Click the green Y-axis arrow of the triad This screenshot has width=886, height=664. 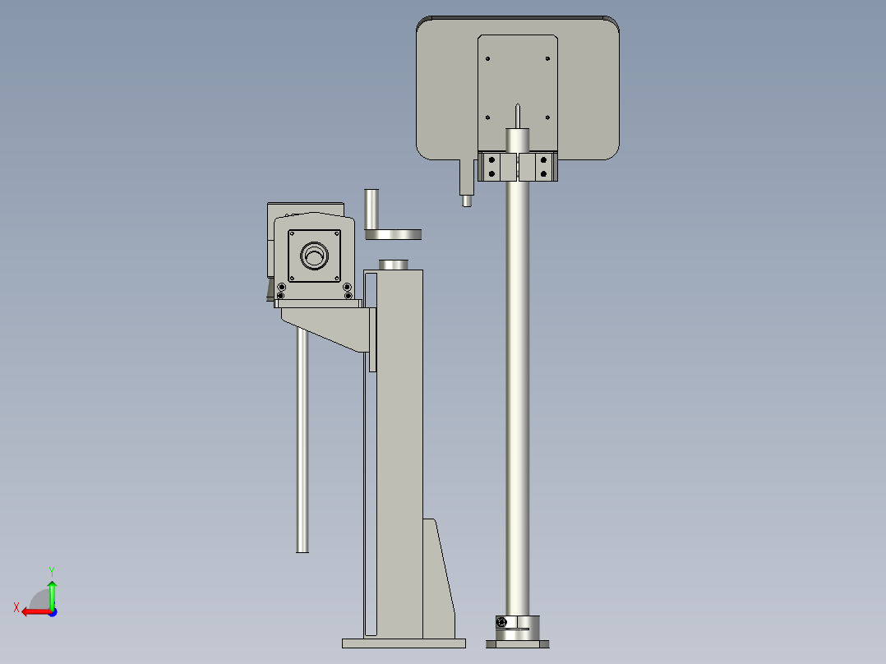(52, 590)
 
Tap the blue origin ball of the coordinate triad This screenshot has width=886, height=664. (52, 611)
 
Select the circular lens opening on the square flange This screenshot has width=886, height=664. (313, 256)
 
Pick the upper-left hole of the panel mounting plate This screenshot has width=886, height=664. (488, 58)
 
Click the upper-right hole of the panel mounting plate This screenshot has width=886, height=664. (548, 58)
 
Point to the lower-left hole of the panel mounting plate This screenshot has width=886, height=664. (488, 118)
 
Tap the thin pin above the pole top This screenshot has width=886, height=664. (518, 114)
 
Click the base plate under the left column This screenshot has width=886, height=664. (404, 643)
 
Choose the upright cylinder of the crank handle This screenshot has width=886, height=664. (371, 210)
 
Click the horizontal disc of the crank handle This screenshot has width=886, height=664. (394, 235)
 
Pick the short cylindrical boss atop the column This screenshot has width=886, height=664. (394, 264)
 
